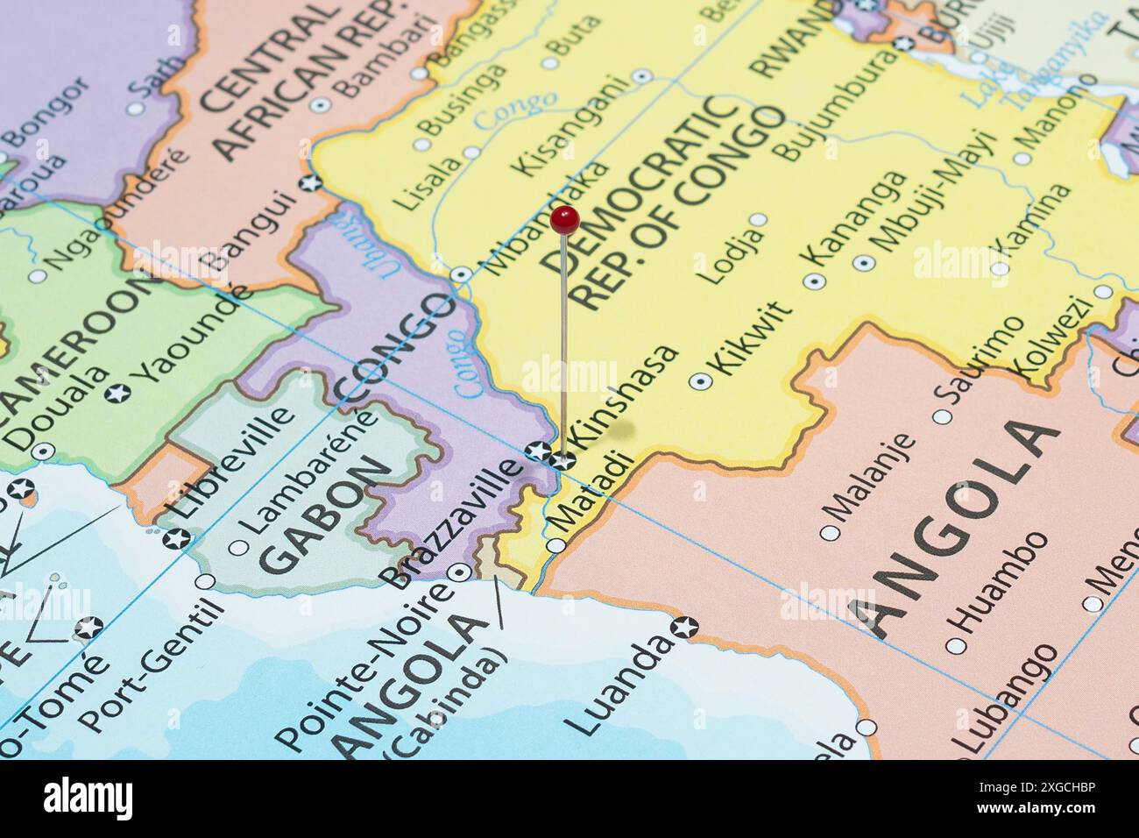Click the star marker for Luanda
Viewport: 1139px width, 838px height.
684,628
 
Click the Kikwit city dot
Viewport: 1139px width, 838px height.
700,380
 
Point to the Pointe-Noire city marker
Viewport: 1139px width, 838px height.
458,573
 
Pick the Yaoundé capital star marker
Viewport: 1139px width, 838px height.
117,393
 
